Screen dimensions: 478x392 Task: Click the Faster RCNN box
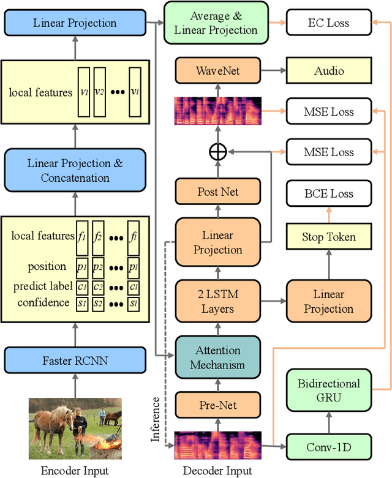tap(75, 360)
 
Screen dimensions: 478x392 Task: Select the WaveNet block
tap(218, 71)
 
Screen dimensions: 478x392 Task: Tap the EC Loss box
tap(328, 23)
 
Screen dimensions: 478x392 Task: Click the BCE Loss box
tap(328, 194)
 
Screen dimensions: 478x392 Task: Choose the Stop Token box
tap(328, 236)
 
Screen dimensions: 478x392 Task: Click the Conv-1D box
tap(328, 447)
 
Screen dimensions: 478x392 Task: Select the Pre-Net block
tap(218, 405)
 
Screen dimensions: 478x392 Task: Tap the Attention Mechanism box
tap(218, 357)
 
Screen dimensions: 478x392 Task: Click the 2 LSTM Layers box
tap(218, 301)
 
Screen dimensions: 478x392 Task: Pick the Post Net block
tap(218, 192)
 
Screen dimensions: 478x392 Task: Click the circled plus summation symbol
tap(218, 152)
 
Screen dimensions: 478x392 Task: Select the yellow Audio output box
tap(328, 71)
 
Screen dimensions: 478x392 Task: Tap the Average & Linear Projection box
tap(216, 23)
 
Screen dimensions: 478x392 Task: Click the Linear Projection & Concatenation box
tap(75, 171)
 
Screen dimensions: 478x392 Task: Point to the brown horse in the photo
tap(52, 426)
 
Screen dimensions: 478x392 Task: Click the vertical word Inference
tap(156, 420)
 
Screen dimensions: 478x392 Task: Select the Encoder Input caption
tap(75, 471)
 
